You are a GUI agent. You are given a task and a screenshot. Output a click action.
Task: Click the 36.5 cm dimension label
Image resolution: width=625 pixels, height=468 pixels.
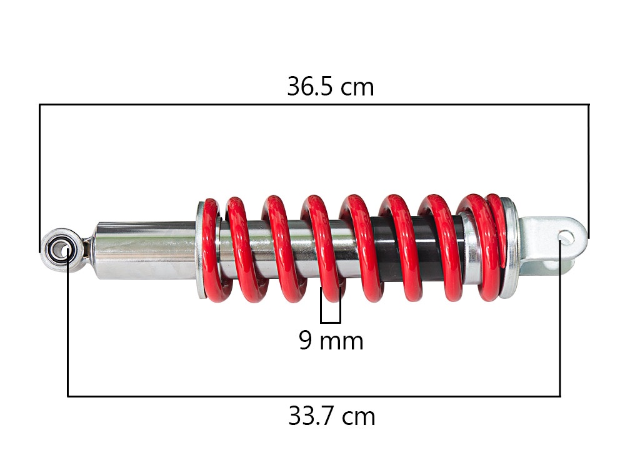tap(331, 87)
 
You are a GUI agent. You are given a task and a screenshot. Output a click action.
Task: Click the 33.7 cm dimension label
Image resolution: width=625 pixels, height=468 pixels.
tap(332, 416)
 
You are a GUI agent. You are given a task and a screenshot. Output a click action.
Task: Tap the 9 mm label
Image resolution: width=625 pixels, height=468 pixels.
tap(331, 341)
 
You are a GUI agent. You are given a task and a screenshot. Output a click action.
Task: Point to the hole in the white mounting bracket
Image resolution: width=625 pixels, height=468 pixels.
tap(566, 238)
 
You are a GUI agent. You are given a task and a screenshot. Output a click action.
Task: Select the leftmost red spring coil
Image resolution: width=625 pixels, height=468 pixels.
tap(211, 251)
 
